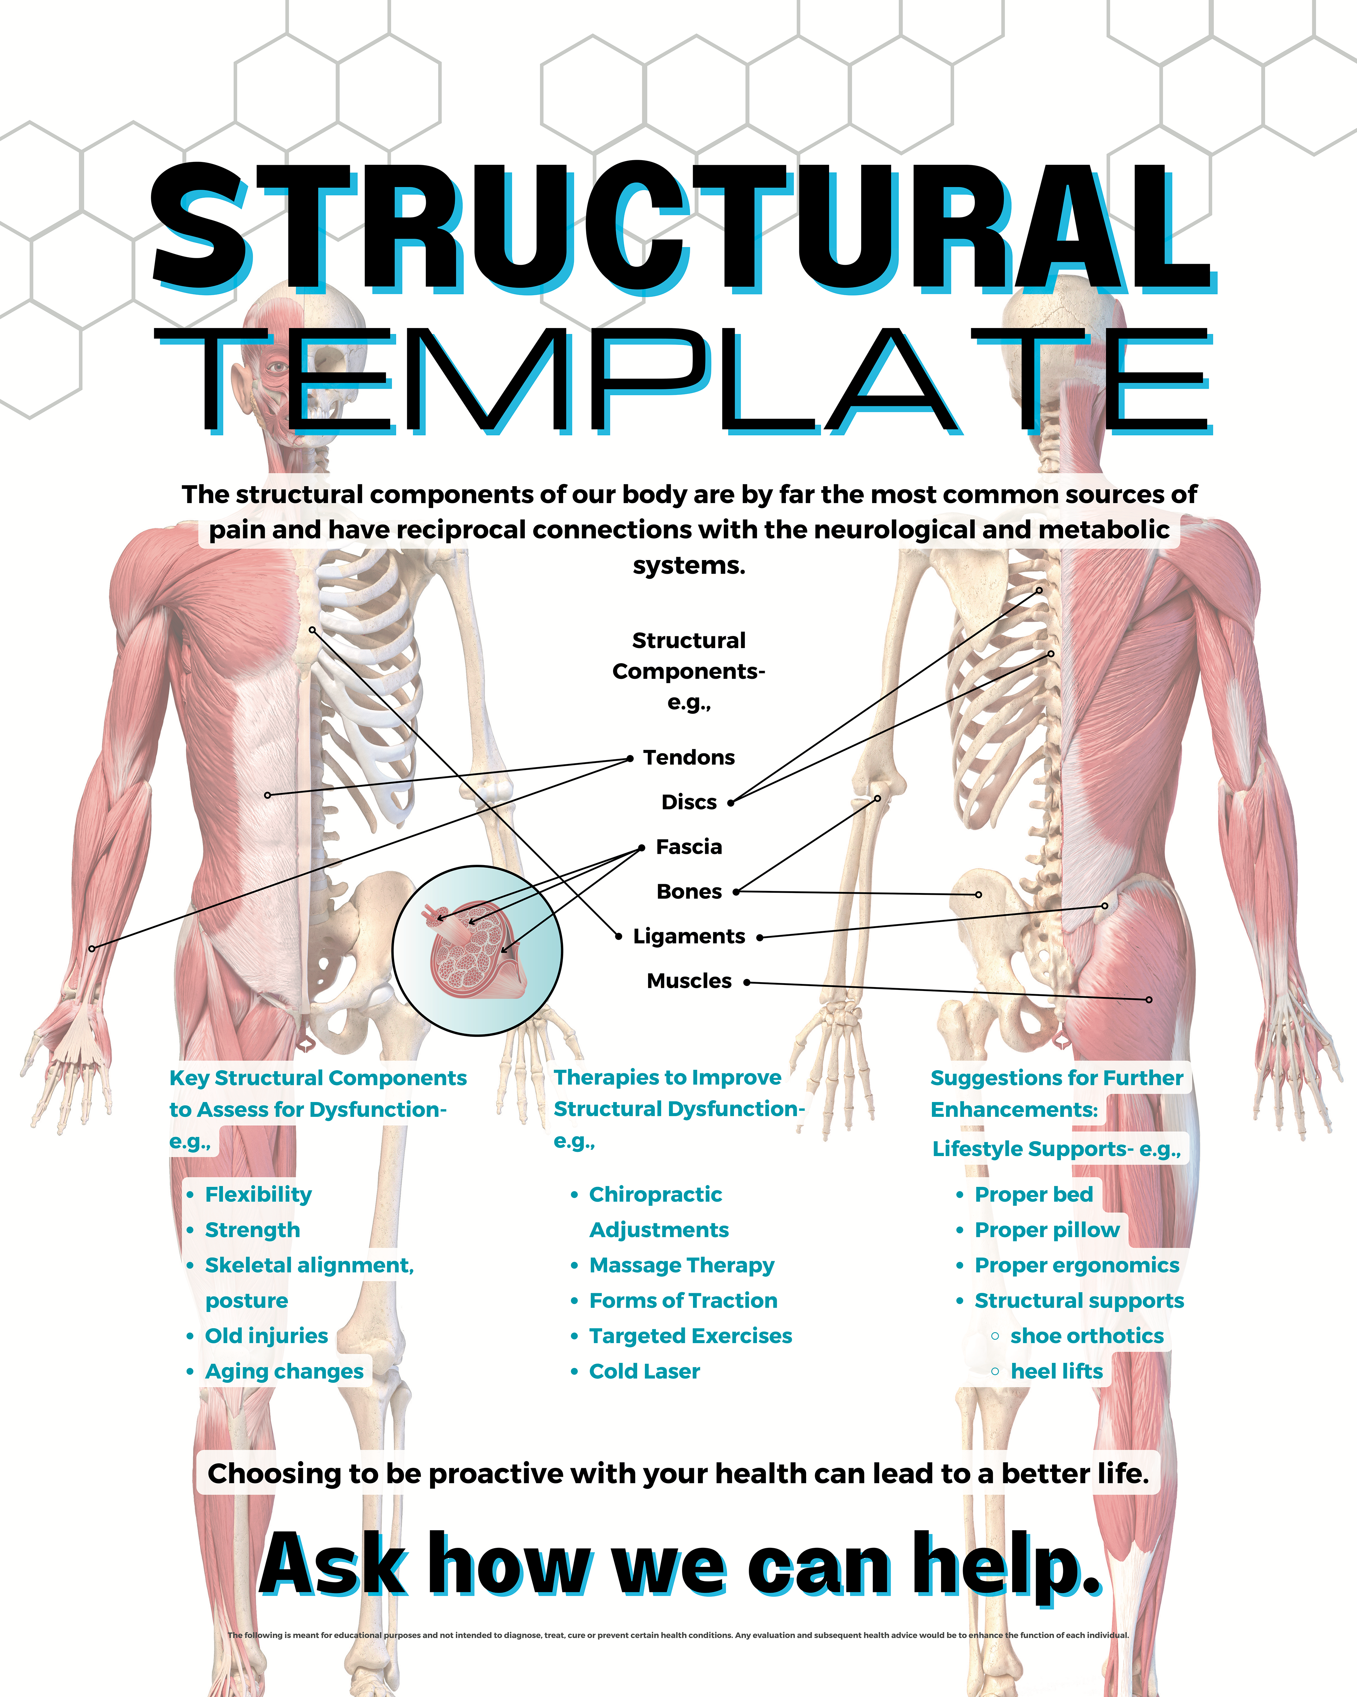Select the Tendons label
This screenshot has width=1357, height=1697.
[688, 757]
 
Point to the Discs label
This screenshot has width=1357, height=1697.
[689, 802]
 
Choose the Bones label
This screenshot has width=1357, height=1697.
[689, 892]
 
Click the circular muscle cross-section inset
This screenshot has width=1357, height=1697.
[477, 951]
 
